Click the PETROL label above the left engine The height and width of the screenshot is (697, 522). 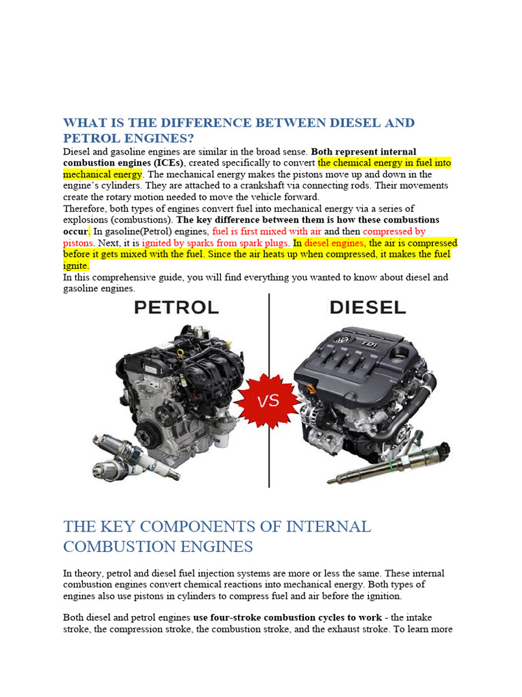coord(177,308)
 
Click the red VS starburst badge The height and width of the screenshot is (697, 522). coord(269,400)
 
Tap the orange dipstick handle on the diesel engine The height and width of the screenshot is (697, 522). coord(311,389)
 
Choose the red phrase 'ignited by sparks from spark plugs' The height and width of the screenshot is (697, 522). coord(215,243)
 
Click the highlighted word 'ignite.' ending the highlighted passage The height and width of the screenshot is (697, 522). coord(76,266)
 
